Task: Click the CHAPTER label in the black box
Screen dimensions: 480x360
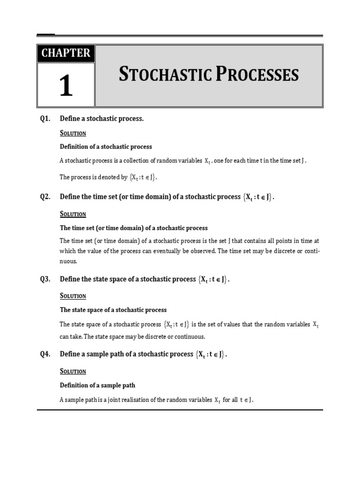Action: point(66,53)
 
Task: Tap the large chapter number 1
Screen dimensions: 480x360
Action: point(66,86)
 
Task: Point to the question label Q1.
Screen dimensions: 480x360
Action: point(45,119)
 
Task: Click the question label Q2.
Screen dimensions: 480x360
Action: point(45,197)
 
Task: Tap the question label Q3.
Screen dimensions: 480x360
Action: point(45,279)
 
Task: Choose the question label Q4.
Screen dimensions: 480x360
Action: point(45,354)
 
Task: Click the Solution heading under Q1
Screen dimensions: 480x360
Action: point(73,133)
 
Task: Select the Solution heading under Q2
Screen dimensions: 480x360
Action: point(73,214)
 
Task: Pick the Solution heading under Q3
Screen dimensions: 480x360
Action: point(73,296)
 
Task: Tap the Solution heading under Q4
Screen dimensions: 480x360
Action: point(73,371)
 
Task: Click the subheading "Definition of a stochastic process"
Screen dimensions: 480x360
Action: point(106,147)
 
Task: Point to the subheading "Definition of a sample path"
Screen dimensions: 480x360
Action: point(97,385)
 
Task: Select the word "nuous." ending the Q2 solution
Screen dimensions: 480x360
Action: point(68,261)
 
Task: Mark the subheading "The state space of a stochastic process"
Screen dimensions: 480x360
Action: point(113,310)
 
